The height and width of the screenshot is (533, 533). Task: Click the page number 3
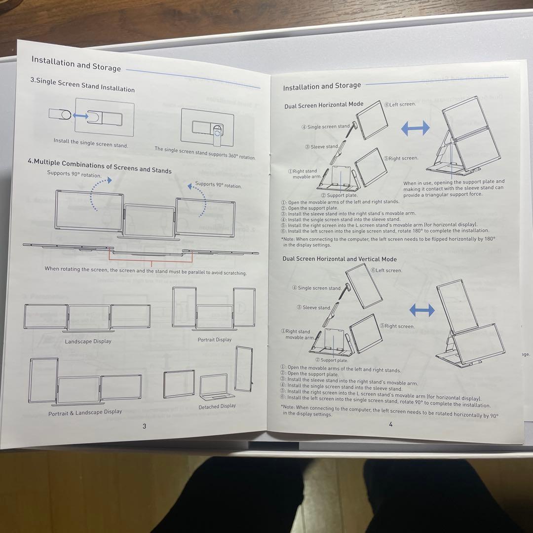click(145, 426)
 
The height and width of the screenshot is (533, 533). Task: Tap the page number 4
click(390, 424)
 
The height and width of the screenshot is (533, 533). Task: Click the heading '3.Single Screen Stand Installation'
click(82, 85)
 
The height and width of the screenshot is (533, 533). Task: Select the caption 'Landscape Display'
click(88, 342)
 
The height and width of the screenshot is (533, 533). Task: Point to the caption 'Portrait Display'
click(215, 340)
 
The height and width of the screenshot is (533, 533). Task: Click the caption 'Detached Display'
click(217, 407)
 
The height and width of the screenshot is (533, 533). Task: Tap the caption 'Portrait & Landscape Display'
click(85, 413)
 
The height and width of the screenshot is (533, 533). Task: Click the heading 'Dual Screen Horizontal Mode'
click(324, 105)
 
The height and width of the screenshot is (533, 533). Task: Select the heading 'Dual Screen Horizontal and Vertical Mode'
click(340, 259)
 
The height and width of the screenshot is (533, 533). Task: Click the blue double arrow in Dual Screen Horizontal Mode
click(415, 128)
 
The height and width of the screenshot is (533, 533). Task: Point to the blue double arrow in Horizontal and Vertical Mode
click(422, 310)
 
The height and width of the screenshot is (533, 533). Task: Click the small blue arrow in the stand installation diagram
click(80, 116)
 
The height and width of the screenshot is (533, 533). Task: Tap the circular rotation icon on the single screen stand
click(219, 131)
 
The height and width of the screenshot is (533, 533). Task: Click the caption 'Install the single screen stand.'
click(91, 143)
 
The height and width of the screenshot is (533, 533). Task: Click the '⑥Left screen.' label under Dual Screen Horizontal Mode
click(400, 104)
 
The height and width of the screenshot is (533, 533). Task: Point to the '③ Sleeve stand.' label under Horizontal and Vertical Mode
click(313, 307)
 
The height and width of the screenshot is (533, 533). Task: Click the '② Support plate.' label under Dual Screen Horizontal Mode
click(340, 195)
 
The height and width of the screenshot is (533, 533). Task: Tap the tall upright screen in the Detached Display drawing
click(244, 369)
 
